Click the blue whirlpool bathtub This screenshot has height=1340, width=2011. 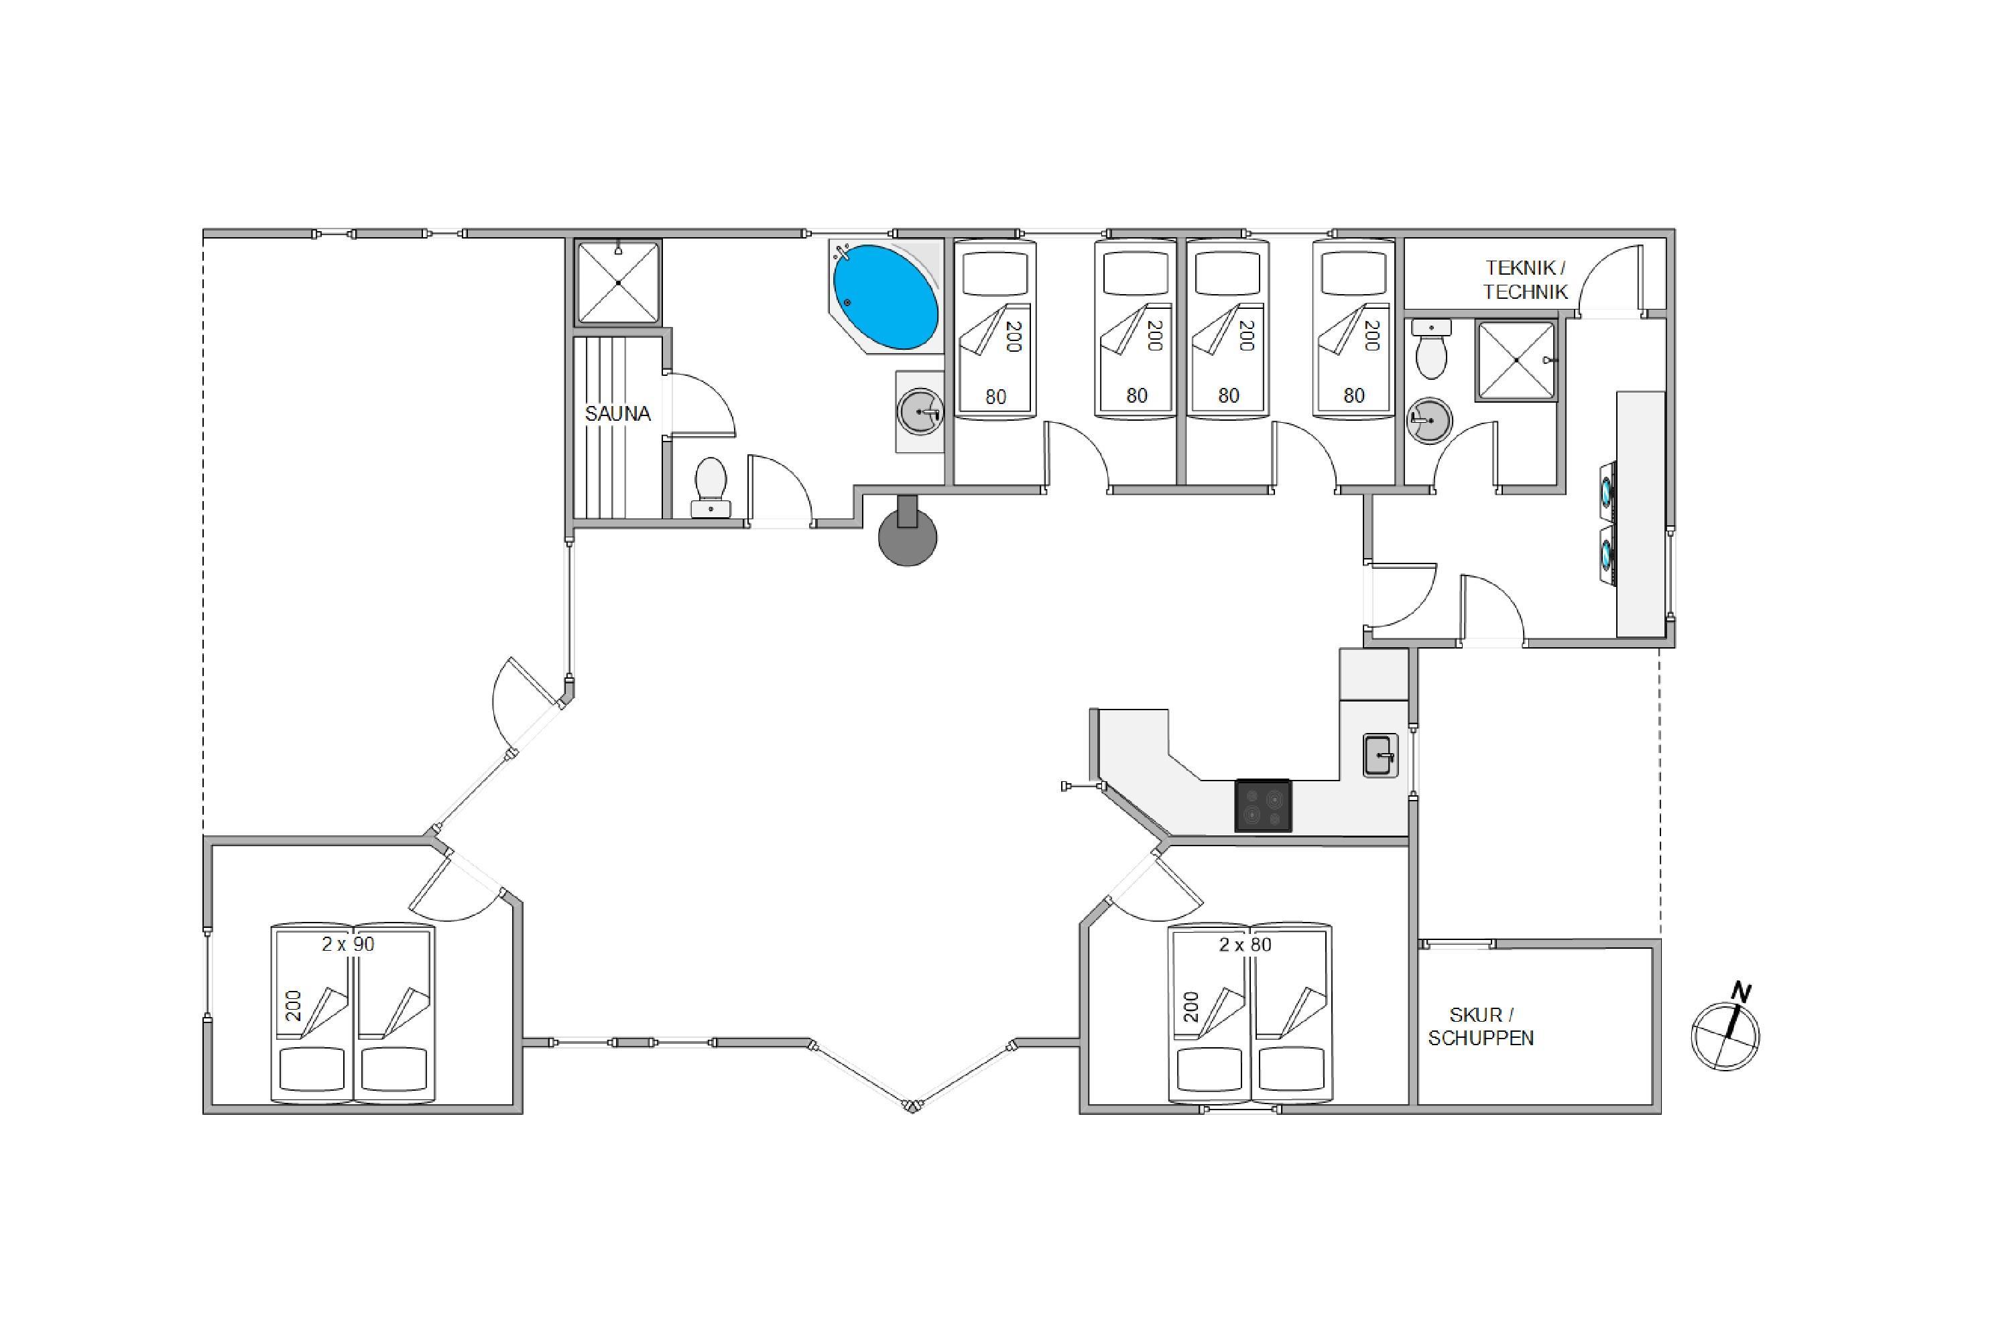coord(885,297)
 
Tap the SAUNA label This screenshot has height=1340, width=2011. coord(617,413)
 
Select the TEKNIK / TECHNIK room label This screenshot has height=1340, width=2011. coord(1526,279)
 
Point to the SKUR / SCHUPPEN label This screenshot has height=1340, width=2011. coord(1481,1026)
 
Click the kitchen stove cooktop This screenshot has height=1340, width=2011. coord(1263,806)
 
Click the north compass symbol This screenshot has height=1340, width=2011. coord(1725,1036)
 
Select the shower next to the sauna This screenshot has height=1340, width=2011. coord(618,282)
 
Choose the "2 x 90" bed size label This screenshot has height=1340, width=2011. coord(348,944)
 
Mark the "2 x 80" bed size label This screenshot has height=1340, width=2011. coord(1245,944)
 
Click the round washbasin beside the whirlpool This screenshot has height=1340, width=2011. coord(920,411)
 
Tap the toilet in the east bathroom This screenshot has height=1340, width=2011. coord(1431,350)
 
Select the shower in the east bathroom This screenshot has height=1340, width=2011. coord(1516,360)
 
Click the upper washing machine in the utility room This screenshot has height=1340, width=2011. coord(1607,492)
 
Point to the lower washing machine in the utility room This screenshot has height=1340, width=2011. coord(1607,555)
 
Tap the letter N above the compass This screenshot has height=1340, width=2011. coord(1741,992)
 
